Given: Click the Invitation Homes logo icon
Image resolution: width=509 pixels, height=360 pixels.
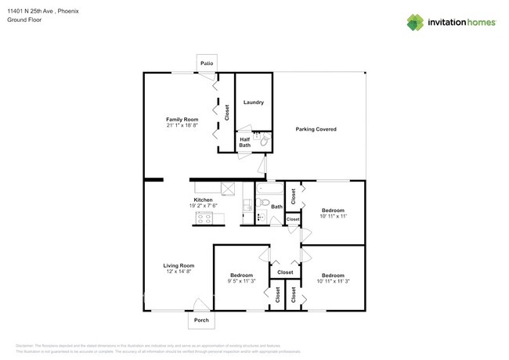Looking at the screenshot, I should (417, 22).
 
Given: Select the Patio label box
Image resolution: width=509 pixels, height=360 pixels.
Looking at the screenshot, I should (207, 63).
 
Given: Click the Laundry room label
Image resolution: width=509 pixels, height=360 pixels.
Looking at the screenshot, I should (253, 103).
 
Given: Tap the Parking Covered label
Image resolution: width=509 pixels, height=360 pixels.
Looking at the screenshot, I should (316, 129).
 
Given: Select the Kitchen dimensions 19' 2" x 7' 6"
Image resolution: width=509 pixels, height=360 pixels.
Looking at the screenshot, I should (204, 206).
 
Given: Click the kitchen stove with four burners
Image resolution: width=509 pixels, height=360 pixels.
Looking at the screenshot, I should (205, 220).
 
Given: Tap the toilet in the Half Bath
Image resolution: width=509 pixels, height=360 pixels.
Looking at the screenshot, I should (264, 142).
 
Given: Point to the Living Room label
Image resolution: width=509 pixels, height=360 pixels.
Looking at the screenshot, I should (179, 265).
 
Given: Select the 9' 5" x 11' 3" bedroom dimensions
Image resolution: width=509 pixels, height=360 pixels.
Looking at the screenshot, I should (241, 281).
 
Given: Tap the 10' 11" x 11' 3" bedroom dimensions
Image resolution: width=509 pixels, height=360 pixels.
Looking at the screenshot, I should (333, 281).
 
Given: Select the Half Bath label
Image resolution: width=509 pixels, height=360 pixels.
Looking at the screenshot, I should (244, 142).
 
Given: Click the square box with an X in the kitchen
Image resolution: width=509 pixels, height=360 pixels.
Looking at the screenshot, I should (229, 188).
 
